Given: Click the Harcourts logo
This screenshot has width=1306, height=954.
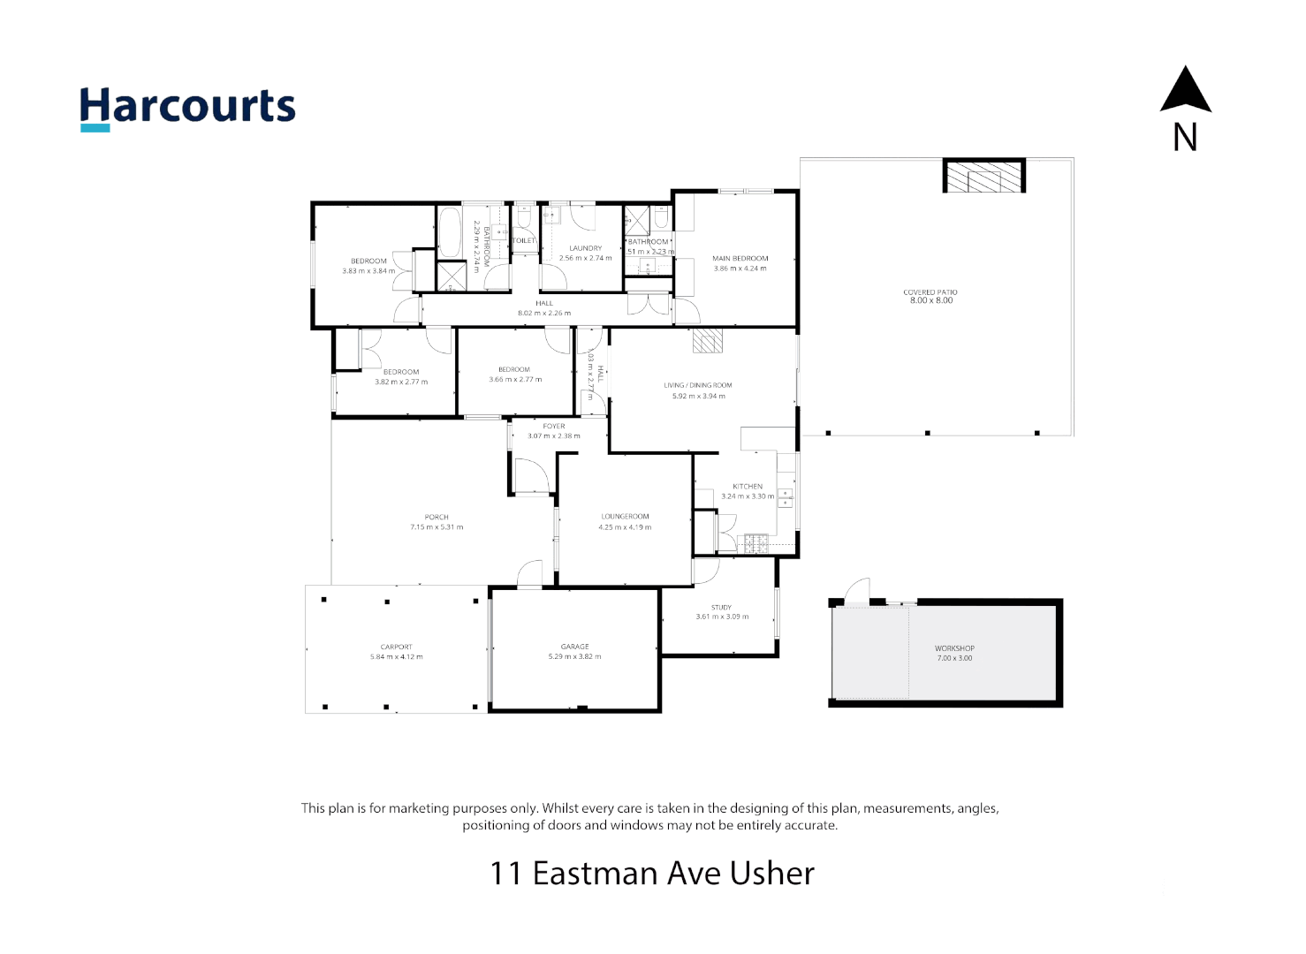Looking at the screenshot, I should [187, 108].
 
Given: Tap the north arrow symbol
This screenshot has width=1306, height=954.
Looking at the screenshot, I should [1185, 91].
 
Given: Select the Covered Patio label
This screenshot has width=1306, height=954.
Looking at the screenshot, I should [930, 292].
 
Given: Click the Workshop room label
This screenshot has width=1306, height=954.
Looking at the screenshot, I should [954, 648].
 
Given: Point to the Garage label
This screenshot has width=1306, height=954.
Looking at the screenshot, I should [574, 647].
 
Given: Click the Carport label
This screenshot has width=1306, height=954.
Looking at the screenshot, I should [396, 647].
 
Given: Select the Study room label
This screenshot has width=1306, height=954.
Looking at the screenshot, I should [721, 608].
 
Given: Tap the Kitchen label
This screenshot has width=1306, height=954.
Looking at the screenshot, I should [748, 487].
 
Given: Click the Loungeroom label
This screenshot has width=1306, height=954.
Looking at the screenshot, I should [625, 517].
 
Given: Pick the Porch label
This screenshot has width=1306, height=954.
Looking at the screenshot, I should [437, 518].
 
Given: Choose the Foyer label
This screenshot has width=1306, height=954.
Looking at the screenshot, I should [554, 426].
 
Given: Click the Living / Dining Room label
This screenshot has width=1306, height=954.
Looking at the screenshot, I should [698, 385].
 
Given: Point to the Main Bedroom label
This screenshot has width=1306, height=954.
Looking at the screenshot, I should [740, 259].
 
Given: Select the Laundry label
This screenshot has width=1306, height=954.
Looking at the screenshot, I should [585, 248].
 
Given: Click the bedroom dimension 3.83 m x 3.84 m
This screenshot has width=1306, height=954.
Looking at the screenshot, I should [368, 271].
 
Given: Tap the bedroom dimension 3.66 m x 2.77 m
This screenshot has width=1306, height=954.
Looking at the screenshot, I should [515, 380].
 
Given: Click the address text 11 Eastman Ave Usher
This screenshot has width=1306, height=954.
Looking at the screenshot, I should [652, 873].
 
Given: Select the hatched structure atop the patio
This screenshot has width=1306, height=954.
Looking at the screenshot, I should [983, 176].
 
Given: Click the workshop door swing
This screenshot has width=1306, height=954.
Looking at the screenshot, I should [856, 591].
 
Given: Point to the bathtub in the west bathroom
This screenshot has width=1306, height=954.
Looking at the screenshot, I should [450, 231].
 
